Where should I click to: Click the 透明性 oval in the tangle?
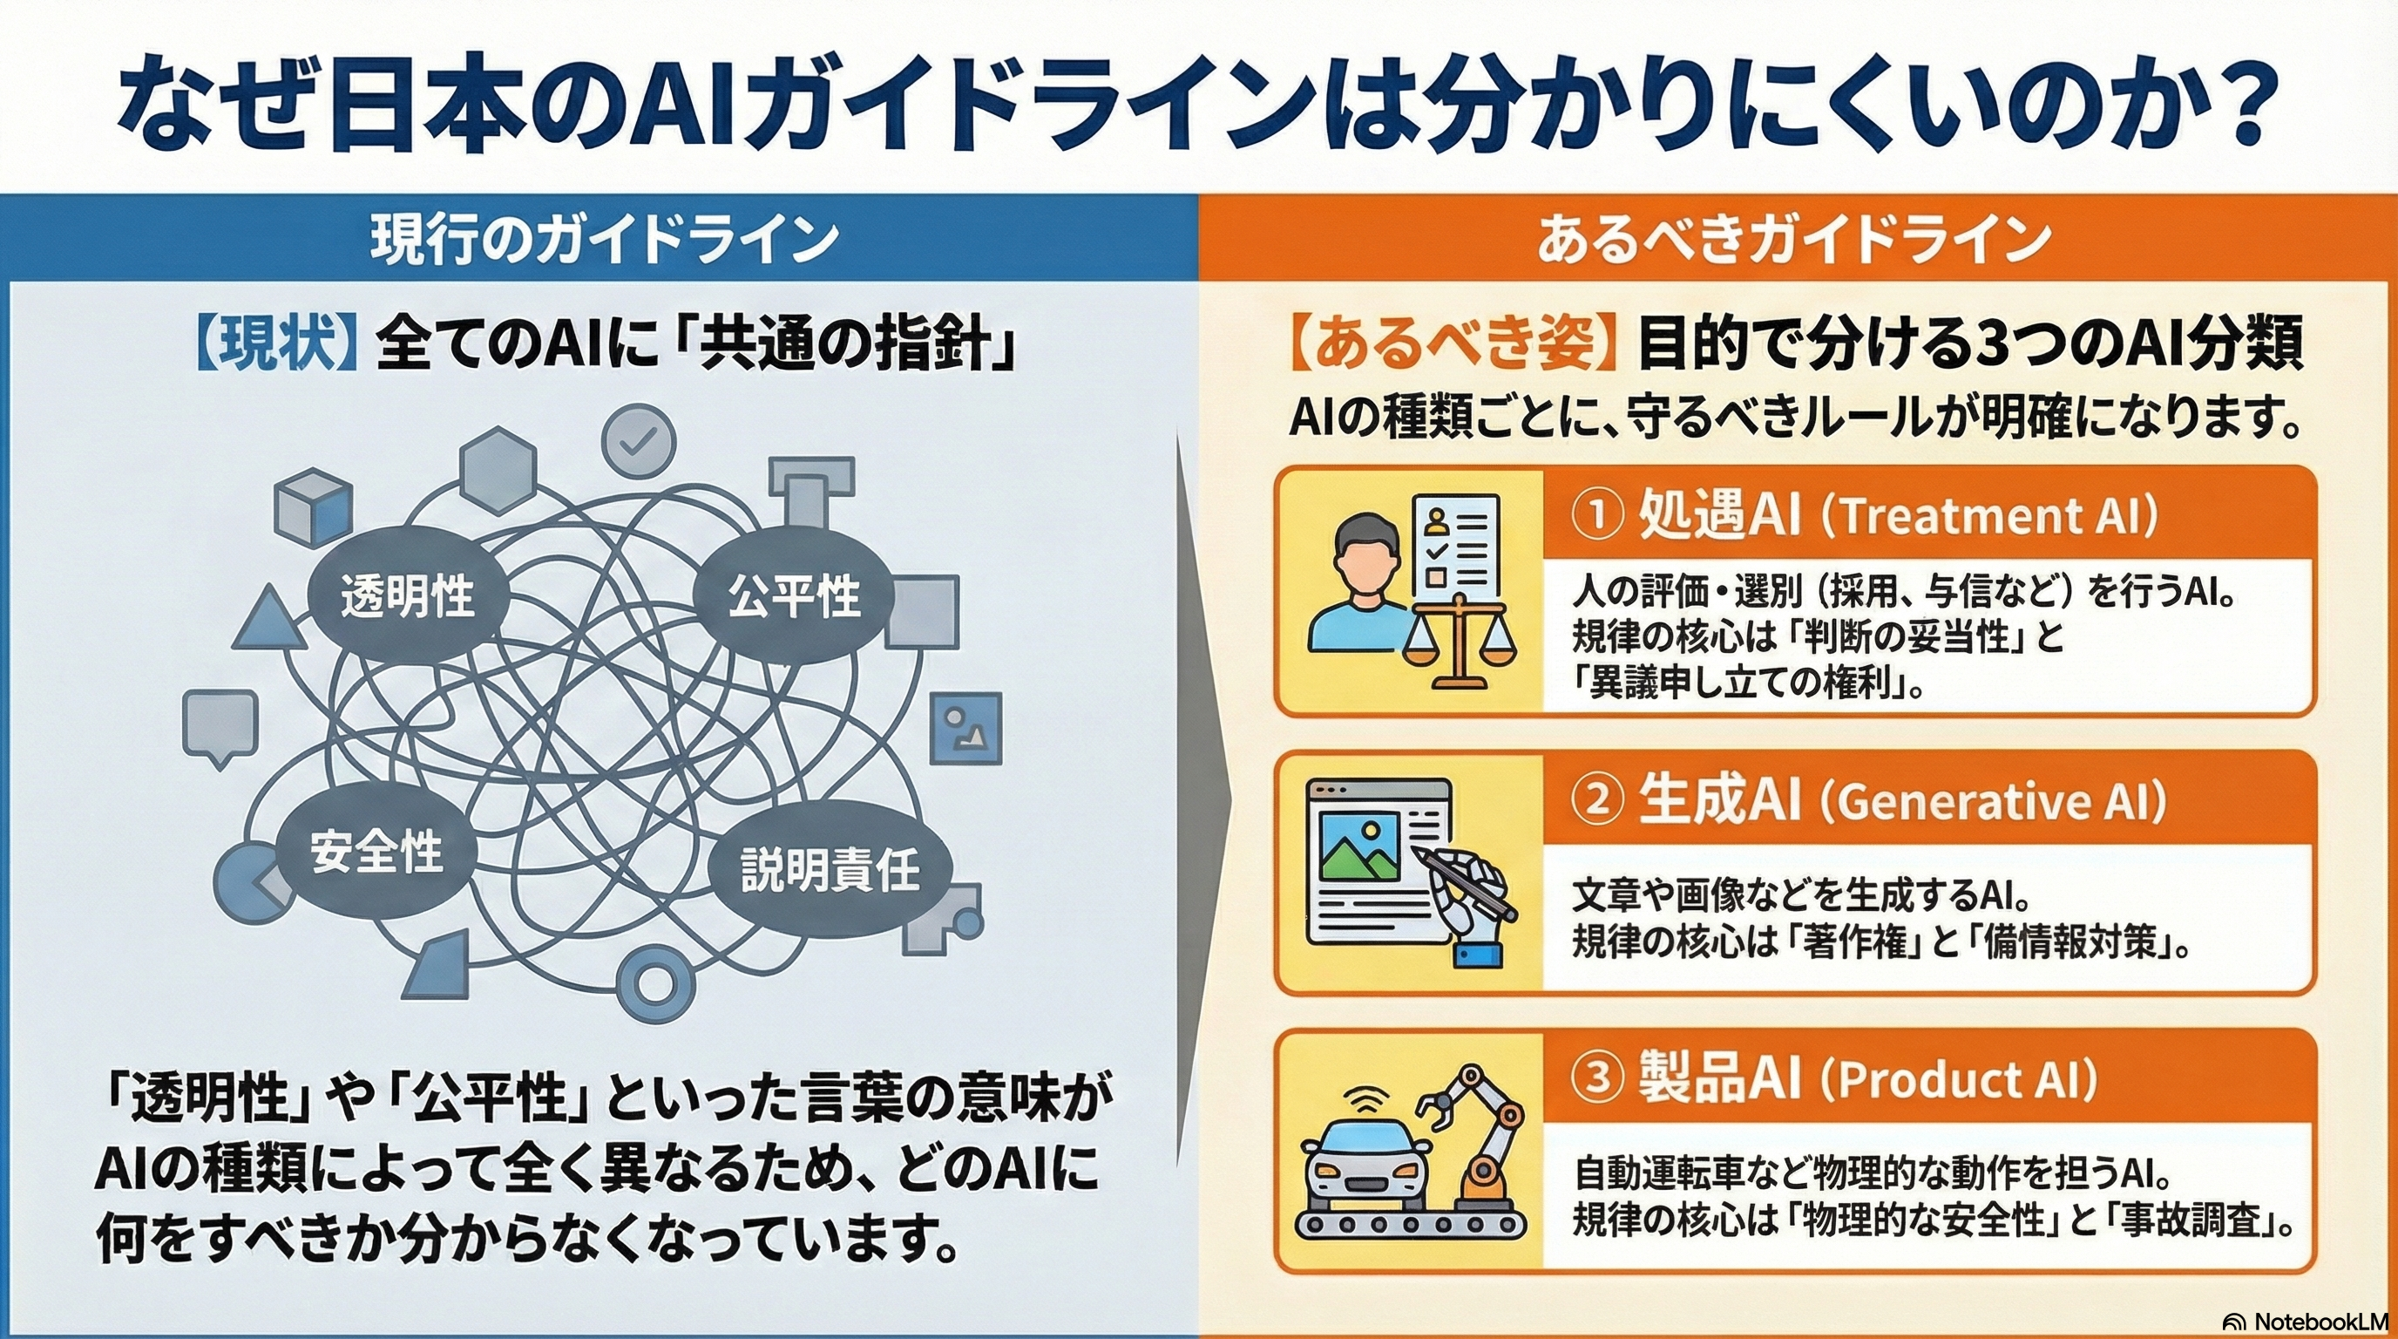[x=407, y=596]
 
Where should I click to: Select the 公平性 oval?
[x=793, y=596]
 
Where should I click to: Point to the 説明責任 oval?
[x=830, y=870]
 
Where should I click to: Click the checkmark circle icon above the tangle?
[x=638, y=441]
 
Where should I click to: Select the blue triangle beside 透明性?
[x=269, y=621]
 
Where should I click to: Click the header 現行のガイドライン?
[x=604, y=240]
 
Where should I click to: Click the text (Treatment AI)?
[x=1988, y=516]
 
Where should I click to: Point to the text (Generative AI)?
[x=1993, y=801]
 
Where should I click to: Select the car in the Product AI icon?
[x=1365, y=1164]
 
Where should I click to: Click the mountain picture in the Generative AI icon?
[x=1360, y=846]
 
